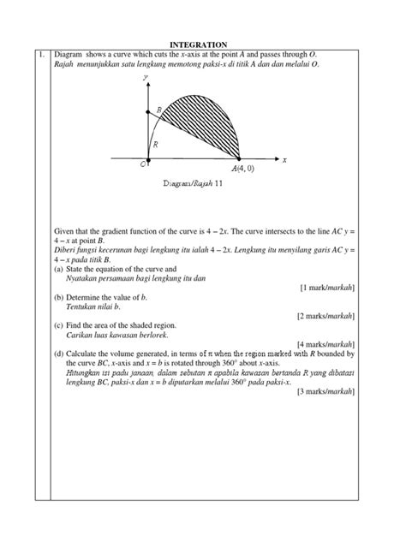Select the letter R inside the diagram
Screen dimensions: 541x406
coord(155,146)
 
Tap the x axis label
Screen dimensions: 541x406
coord(284,160)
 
